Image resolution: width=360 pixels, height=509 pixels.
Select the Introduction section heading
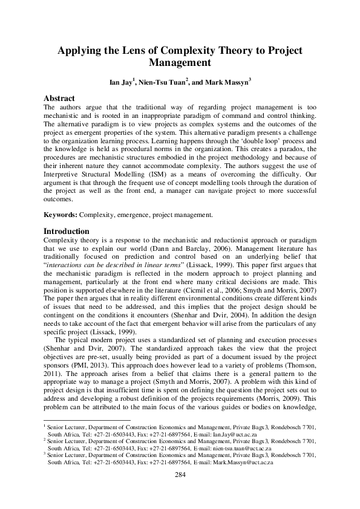click(67, 232)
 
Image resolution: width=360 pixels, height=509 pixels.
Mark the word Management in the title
click(180, 63)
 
